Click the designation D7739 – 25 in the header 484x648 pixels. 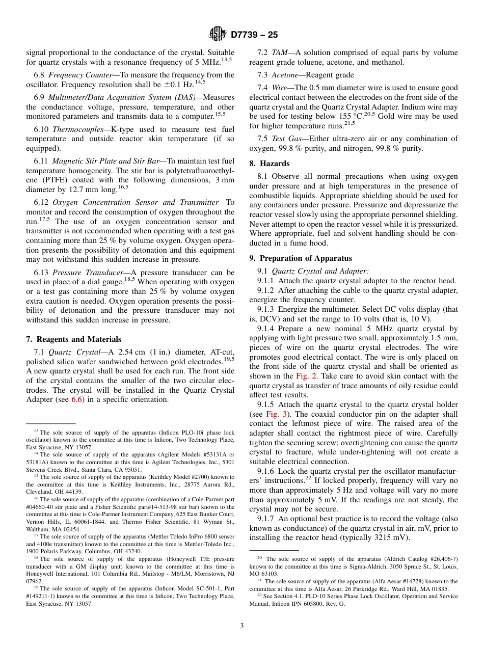[x=254, y=35]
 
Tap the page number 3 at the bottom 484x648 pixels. [x=242, y=626]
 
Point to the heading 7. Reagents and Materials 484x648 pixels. [x=73, y=339]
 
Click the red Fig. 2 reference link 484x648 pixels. [x=303, y=376]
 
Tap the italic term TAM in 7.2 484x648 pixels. [x=279, y=52]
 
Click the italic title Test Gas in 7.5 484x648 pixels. [x=285, y=139]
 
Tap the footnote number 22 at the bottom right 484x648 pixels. [x=259, y=595]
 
